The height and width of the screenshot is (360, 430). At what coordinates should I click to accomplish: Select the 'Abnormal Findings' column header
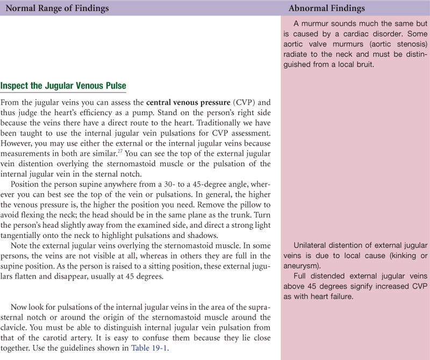pyautogui.click(x=327, y=9)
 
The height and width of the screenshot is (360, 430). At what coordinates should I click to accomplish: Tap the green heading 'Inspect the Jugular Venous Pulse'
pyautogui.click(x=63, y=86)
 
